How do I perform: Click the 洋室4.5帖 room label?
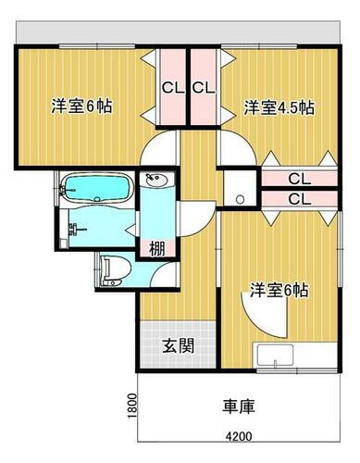pyautogui.click(x=279, y=107)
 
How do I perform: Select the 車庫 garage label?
pyautogui.click(x=238, y=406)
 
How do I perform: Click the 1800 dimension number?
pyautogui.click(x=133, y=406)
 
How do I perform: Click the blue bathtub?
pyautogui.click(x=97, y=191)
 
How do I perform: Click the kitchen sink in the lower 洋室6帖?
pyautogui.click(x=277, y=357)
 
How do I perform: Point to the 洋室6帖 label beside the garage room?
pyautogui.click(x=278, y=290)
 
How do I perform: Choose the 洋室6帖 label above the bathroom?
pyautogui.click(x=81, y=106)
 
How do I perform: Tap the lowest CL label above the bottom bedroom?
pyautogui.click(x=298, y=199)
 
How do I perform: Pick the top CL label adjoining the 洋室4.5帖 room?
pyautogui.click(x=205, y=89)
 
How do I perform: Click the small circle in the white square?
pyautogui.click(x=240, y=198)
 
